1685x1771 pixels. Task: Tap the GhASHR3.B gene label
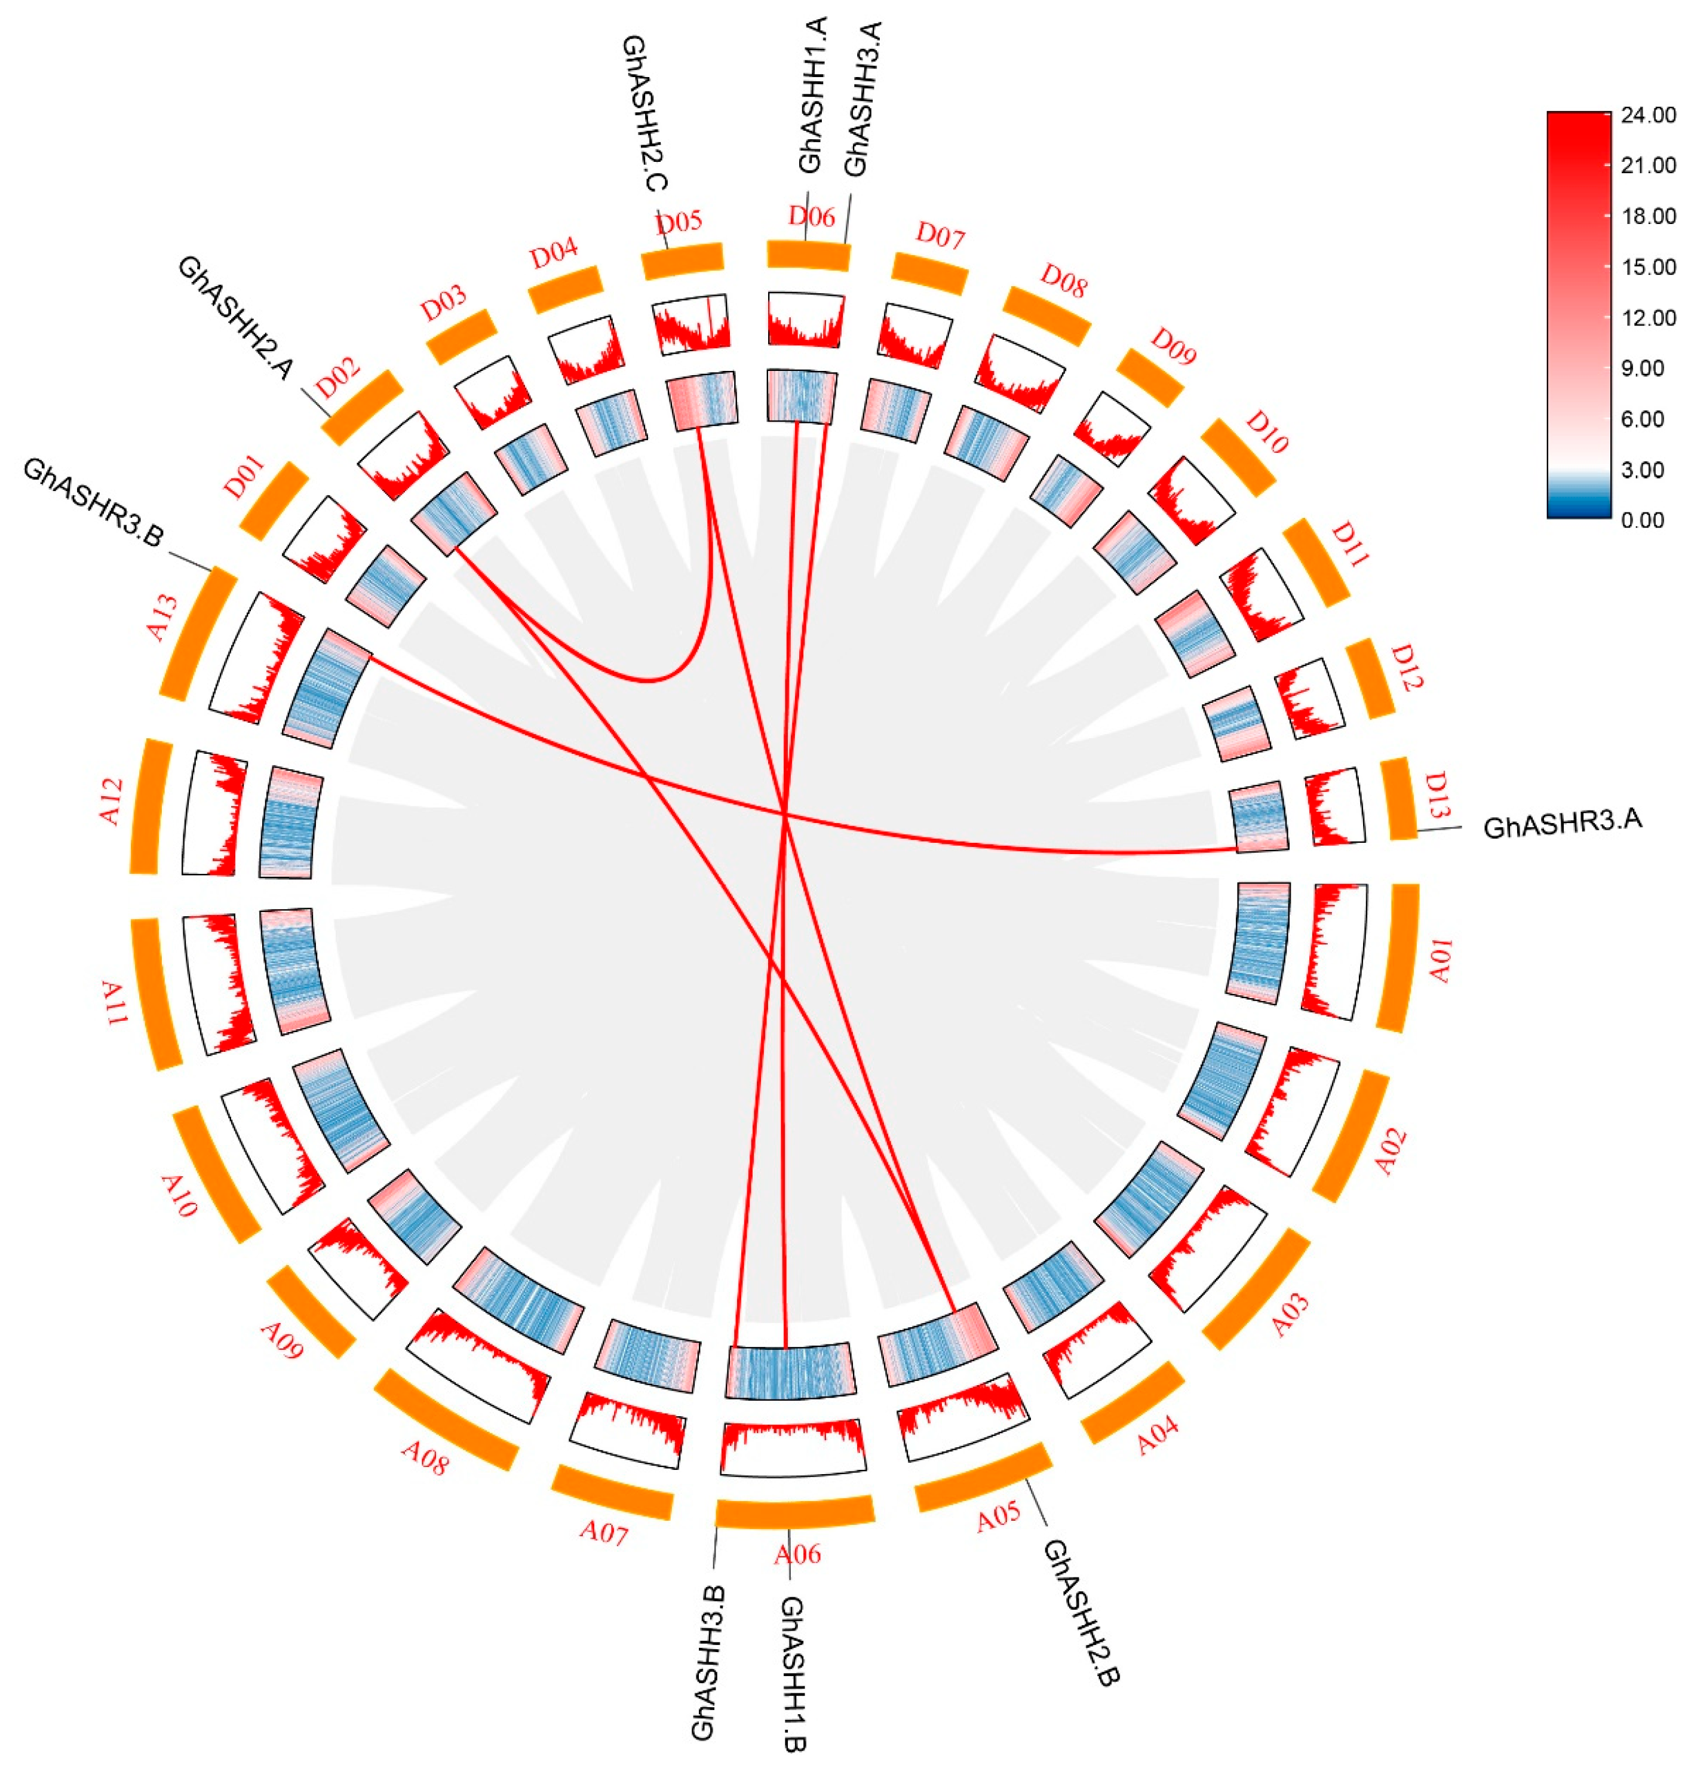point(93,504)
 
